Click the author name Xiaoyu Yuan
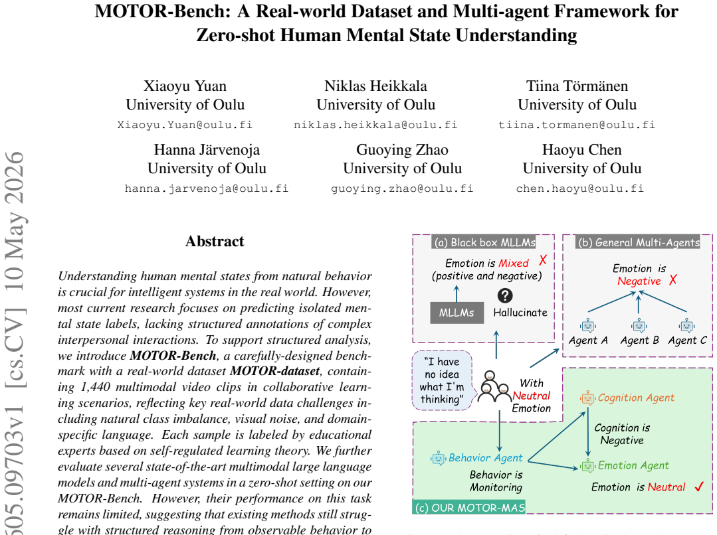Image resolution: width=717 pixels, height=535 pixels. (185, 86)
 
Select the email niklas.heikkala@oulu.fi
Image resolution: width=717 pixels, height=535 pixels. (375, 125)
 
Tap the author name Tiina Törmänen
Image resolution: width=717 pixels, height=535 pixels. (577, 86)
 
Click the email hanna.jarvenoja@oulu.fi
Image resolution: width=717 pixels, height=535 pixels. (207, 189)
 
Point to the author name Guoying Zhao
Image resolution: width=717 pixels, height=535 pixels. (403, 150)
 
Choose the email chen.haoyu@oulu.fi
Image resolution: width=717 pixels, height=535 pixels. (580, 189)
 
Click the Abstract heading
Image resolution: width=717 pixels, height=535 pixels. (215, 241)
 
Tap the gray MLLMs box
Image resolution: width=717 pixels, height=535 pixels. (457, 313)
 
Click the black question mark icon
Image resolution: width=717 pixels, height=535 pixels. (505, 295)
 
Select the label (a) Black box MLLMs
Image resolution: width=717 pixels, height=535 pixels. (484, 242)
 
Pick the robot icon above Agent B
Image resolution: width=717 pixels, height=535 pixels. (639, 326)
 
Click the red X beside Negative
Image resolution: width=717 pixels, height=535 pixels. (672, 280)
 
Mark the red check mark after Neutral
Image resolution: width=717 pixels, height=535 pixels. (698, 487)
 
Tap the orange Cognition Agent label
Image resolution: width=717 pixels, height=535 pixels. (636, 398)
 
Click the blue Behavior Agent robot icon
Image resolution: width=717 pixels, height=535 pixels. (438, 458)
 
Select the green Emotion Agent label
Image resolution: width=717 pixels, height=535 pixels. (633, 465)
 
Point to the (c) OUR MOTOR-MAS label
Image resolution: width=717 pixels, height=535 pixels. (469, 508)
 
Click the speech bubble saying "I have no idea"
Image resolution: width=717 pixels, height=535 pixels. (442, 380)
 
